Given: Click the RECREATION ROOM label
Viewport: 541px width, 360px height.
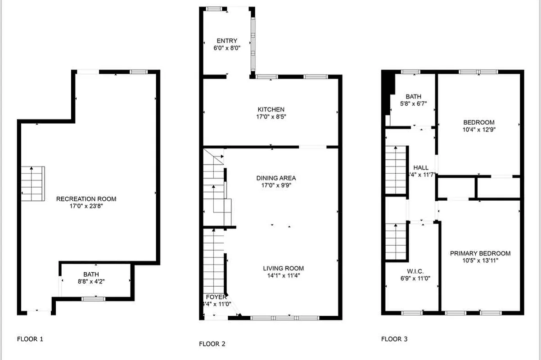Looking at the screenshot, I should click(86, 199).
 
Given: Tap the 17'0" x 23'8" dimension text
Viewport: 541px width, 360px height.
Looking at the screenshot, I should click(86, 206).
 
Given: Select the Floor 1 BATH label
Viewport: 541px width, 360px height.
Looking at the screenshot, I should click(91, 274).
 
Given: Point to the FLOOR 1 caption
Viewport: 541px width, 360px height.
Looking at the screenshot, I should click(30, 339).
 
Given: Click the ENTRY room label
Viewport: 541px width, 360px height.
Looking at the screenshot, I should click(227, 41).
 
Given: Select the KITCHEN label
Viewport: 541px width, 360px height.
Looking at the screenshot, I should click(271, 109).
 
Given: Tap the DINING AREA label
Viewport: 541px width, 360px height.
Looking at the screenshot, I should click(276, 178).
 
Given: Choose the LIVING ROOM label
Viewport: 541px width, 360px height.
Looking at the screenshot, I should click(283, 269).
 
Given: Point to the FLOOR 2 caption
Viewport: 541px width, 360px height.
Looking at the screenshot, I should click(212, 344).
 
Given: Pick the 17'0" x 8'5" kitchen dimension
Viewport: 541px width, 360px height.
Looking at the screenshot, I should click(271, 117).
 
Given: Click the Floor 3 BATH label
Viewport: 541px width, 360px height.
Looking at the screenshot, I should click(413, 96).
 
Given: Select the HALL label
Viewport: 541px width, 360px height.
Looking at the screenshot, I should click(420, 168).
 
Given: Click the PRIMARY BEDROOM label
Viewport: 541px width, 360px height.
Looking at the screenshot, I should click(480, 253).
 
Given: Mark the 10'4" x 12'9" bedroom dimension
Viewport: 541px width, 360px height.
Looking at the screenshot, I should click(479, 129).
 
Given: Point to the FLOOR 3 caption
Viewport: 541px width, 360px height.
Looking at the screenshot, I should click(394, 339).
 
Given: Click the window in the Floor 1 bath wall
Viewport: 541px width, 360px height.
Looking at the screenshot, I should click(94, 298).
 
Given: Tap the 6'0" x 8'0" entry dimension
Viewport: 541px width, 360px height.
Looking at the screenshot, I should click(227, 48).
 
